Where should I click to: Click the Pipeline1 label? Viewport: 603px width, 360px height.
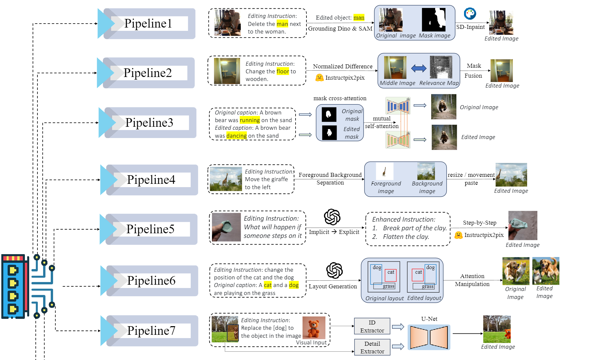point(148,24)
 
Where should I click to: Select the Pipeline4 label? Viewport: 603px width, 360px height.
point(151,180)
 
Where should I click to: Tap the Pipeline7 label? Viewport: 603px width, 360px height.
point(151,331)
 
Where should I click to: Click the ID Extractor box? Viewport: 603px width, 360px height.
point(372,326)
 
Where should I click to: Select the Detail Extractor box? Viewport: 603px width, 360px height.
point(372,347)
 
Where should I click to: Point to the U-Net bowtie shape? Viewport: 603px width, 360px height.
point(429,337)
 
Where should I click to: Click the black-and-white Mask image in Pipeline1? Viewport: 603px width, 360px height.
point(434,20)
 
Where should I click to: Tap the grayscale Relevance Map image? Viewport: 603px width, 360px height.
point(441,67)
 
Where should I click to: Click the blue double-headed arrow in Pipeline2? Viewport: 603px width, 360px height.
point(419,68)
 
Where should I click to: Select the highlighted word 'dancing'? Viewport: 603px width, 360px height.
point(236,136)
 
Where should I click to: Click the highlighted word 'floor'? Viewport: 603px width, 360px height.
point(283,71)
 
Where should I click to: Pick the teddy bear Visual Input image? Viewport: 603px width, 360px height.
point(313,327)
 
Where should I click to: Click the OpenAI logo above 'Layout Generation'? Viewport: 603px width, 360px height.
point(334,270)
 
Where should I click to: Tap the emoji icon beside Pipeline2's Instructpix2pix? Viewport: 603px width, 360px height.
point(319,78)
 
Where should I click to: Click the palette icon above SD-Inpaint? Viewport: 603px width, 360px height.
point(470,14)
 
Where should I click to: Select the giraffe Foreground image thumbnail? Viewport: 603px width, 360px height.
point(385,171)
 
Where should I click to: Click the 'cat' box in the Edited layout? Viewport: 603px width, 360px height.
point(418,274)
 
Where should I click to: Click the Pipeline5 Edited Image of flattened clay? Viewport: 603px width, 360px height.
point(522,226)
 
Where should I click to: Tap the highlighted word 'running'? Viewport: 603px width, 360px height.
point(250,120)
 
